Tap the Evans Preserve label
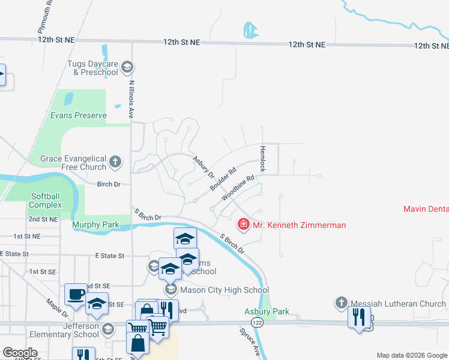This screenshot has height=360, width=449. click(x=78, y=115)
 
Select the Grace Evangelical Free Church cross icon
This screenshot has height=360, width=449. click(x=115, y=162)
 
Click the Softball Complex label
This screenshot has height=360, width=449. click(x=46, y=200)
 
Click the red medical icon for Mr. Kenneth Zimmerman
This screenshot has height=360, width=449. click(x=244, y=225)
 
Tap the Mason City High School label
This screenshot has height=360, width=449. click(x=224, y=290)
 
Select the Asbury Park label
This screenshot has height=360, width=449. click(x=267, y=311)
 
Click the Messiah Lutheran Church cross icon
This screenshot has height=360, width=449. click(x=342, y=303)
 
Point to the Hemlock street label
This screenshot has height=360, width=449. click(x=262, y=158)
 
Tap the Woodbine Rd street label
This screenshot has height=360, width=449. click(x=238, y=188)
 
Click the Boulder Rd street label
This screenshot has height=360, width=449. click(x=223, y=179)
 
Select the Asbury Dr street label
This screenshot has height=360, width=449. click(x=204, y=167)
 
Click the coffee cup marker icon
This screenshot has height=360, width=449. click(x=76, y=294)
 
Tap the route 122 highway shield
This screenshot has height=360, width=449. click(x=258, y=322)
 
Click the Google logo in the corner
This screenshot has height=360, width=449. click(x=19, y=353)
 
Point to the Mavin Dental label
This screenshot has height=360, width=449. click(x=426, y=209)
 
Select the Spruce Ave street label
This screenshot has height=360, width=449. click(x=249, y=342)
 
